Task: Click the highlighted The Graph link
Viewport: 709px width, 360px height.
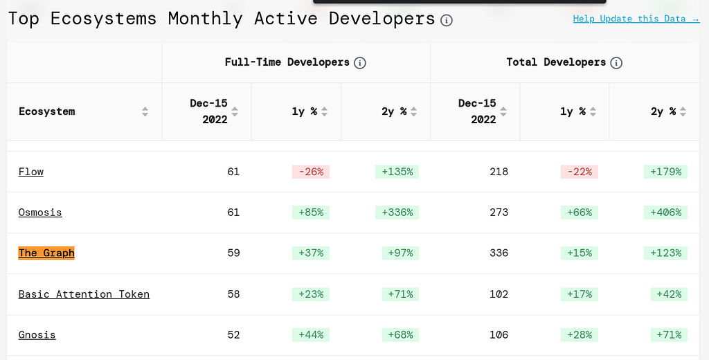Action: click(46, 253)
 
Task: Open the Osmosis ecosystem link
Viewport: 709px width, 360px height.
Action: click(40, 212)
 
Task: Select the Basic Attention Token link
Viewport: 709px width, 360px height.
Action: click(84, 294)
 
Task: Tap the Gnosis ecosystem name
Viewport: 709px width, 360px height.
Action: click(37, 334)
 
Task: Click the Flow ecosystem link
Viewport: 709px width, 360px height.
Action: click(31, 172)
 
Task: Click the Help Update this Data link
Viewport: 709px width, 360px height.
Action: click(636, 19)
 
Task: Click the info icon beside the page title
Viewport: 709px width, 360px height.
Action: click(447, 20)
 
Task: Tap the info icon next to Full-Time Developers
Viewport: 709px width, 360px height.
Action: click(360, 63)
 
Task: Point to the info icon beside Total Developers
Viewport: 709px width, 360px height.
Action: click(616, 63)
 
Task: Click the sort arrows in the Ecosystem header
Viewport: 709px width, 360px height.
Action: click(145, 111)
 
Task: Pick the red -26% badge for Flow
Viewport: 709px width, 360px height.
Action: click(311, 172)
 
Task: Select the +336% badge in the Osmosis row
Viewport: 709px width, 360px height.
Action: click(397, 212)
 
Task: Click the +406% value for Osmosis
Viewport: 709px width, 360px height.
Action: click(665, 212)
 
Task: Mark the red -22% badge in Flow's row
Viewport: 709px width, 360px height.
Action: click(580, 172)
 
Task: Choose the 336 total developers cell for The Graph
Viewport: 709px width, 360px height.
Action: click(499, 253)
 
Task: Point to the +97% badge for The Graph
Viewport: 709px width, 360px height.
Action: click(401, 253)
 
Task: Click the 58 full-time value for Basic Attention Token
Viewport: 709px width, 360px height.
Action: click(233, 294)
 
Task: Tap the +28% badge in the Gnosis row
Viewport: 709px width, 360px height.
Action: click(580, 334)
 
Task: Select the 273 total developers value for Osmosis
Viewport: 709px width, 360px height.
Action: click(499, 212)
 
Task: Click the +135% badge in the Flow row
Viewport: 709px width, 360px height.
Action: click(397, 172)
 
